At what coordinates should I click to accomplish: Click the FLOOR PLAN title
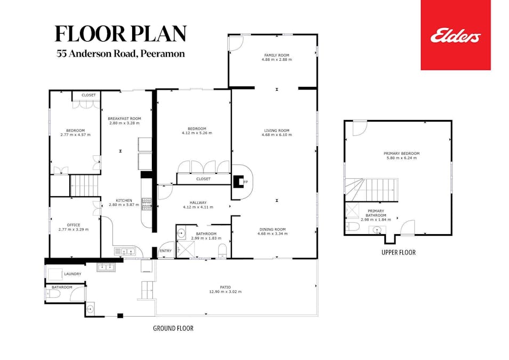(120, 34)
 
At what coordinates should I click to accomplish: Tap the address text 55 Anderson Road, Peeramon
(121, 54)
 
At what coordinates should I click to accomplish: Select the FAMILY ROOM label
(277, 55)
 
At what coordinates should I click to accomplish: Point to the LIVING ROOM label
(277, 131)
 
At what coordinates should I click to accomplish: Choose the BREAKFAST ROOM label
(124, 118)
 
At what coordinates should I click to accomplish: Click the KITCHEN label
(124, 201)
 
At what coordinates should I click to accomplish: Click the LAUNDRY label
(72, 274)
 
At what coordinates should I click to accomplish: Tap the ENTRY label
(166, 251)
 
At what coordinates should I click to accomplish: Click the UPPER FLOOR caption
(398, 252)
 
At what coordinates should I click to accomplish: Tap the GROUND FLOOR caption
(173, 329)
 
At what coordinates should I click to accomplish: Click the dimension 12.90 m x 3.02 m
(225, 292)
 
